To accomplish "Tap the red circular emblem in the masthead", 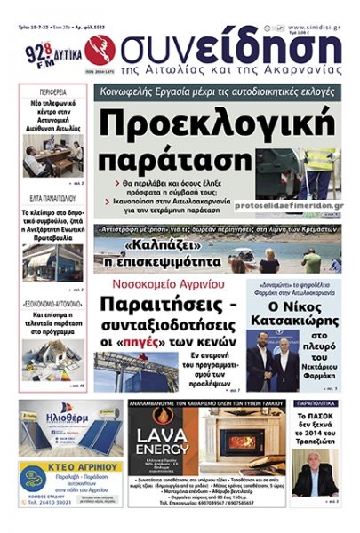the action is pos(98,49).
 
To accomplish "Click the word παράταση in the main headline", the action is pos(181,159).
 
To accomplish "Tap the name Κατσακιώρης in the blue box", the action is pos(293,313).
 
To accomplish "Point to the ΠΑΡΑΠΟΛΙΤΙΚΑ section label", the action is pos(315,402).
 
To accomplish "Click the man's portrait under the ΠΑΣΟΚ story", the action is pos(314,469).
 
